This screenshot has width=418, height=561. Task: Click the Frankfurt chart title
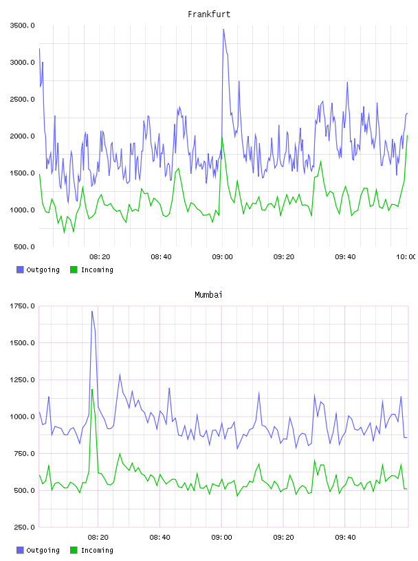(x=209, y=14)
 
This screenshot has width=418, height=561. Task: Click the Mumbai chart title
(x=208, y=295)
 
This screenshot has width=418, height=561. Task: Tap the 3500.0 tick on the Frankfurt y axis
(x=22, y=25)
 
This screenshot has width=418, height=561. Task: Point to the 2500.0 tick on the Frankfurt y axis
(x=22, y=99)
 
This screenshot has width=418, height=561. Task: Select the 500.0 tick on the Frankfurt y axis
(x=24, y=247)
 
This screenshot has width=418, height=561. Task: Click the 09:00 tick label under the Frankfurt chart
(x=222, y=257)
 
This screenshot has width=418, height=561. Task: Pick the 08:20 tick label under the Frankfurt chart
(x=100, y=257)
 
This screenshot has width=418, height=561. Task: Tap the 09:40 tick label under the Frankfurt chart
(x=345, y=257)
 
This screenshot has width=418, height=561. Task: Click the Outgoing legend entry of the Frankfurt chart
(x=38, y=269)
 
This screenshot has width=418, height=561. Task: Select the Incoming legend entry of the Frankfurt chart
(x=91, y=269)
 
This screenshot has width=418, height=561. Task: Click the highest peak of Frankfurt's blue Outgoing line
(x=223, y=30)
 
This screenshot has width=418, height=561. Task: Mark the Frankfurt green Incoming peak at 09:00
(x=222, y=137)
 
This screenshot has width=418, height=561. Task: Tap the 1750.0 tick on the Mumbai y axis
(x=22, y=306)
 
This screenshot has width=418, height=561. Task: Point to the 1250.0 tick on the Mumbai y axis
(x=22, y=379)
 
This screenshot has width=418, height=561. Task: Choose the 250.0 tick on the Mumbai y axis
(x=24, y=527)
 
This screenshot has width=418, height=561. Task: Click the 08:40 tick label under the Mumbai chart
(x=159, y=538)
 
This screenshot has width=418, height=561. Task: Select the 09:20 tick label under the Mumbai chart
(x=283, y=538)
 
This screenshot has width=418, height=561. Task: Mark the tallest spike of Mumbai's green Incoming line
(x=92, y=390)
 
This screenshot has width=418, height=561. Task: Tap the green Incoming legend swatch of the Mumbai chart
(x=74, y=550)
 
